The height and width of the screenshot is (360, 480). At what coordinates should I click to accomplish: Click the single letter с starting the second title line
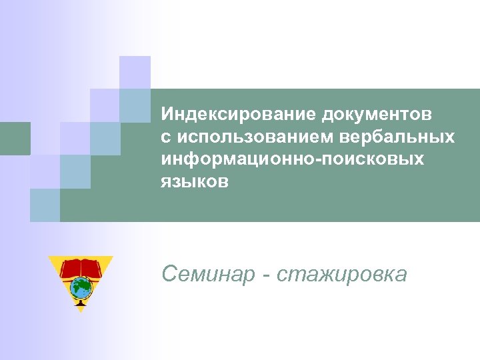pyautogui.click(x=165, y=137)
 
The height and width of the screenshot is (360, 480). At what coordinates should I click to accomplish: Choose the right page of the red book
pyautogui.click(x=93, y=269)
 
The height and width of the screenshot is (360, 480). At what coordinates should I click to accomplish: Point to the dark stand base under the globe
pyautogui.click(x=81, y=306)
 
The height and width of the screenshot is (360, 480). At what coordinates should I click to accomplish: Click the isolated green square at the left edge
pyautogui.click(x=15, y=138)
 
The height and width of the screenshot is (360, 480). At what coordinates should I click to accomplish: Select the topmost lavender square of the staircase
pyautogui.click(x=135, y=72)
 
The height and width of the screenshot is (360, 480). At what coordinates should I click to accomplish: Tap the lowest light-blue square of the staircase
pyautogui.click(x=45, y=205)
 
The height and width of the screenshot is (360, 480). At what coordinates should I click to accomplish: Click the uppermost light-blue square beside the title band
pyautogui.click(x=135, y=105)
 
